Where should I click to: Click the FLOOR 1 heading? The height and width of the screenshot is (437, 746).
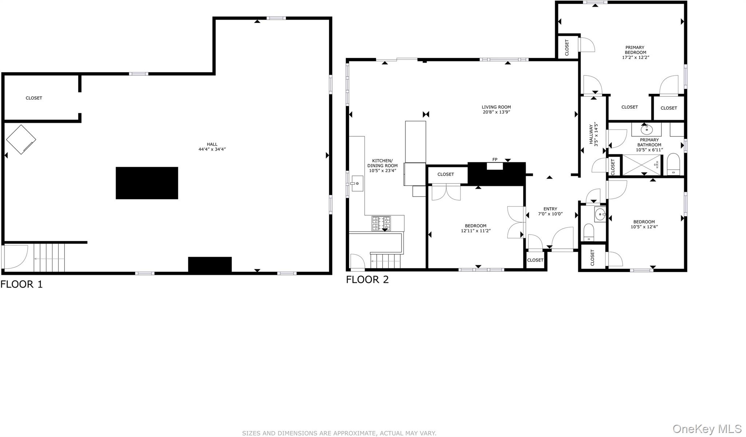[x=21, y=284]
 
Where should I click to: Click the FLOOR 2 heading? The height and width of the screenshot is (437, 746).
[x=367, y=279]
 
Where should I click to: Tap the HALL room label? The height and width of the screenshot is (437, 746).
[x=212, y=144]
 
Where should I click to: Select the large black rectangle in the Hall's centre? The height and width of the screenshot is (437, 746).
[x=147, y=183]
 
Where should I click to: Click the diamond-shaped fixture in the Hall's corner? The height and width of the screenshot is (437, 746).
[x=21, y=139]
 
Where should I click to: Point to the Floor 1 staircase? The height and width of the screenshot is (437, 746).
[x=49, y=258]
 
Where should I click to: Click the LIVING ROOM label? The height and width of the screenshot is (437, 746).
[x=496, y=107]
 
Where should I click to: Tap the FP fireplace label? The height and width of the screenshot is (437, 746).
[x=495, y=159]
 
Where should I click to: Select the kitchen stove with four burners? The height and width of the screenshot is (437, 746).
[x=381, y=224]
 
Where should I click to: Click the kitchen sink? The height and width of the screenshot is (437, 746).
[x=357, y=183]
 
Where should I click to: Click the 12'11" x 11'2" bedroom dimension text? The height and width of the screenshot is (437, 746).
[x=476, y=231]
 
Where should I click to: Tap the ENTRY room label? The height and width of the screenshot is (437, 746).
[x=550, y=209]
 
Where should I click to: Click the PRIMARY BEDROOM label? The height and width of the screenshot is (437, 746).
[x=635, y=50]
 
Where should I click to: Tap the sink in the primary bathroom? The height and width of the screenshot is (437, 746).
[x=647, y=129]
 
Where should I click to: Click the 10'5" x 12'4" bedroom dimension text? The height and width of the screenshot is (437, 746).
[x=644, y=227]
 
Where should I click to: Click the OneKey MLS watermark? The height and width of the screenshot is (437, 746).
[x=707, y=429]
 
